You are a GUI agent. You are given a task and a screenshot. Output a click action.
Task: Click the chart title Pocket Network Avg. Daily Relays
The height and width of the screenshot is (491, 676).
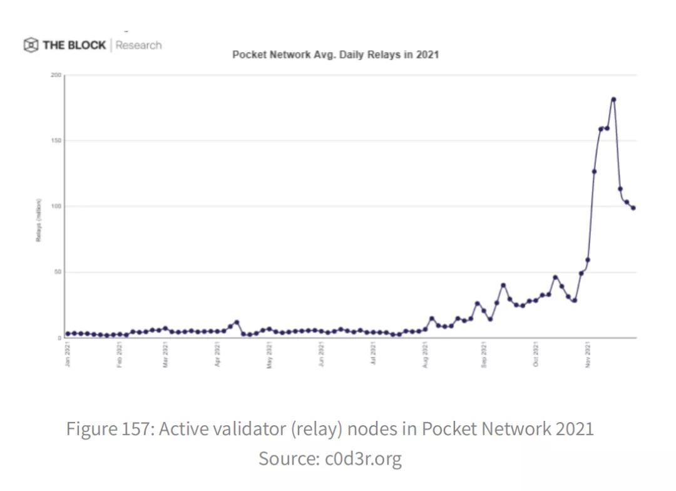tap(335, 54)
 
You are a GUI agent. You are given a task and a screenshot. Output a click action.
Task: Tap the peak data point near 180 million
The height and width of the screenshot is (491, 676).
tap(613, 100)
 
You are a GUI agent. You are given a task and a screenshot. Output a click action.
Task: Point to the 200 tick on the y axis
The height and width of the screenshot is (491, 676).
tap(56, 75)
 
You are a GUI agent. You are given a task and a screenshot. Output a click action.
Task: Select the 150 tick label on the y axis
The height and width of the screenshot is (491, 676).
tap(56, 140)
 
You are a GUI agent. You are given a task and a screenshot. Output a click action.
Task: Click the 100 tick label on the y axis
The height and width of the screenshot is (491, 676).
tap(56, 206)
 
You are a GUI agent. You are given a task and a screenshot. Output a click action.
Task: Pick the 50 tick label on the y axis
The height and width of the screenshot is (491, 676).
tap(58, 272)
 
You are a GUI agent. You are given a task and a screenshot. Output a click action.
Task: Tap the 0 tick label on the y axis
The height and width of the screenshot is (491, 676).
tap(59, 338)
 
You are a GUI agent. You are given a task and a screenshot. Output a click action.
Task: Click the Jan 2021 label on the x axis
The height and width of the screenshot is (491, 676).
tap(68, 354)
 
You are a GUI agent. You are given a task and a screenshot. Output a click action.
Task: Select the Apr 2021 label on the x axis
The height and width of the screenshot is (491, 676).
tap(217, 354)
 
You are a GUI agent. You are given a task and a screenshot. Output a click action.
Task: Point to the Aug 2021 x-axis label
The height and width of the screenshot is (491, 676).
tap(426, 354)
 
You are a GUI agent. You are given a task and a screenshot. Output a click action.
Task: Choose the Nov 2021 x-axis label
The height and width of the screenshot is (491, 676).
tap(587, 354)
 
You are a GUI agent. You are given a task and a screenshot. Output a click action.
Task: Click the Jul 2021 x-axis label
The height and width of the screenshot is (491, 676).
tap(374, 354)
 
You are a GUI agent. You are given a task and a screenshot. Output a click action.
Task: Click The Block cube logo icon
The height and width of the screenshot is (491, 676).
tap(31, 45)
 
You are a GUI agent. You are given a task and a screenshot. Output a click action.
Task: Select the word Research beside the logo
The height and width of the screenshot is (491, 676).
tap(138, 45)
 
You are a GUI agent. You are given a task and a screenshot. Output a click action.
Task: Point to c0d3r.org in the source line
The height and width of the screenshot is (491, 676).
tap(363, 458)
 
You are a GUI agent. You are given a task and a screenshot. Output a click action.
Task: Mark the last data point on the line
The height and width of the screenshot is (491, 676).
tap(633, 208)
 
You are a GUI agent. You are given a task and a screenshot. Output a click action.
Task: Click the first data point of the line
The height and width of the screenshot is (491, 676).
tap(68, 334)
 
